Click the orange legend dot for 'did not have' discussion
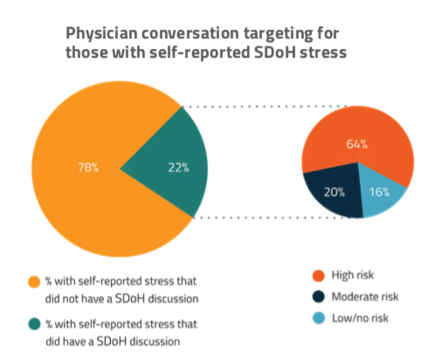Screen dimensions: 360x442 click(34, 282)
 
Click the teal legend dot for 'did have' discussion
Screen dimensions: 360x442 click(34, 324)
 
